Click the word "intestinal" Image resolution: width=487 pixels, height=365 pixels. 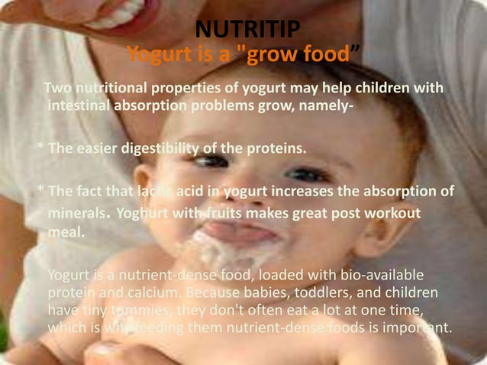click(79, 105)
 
